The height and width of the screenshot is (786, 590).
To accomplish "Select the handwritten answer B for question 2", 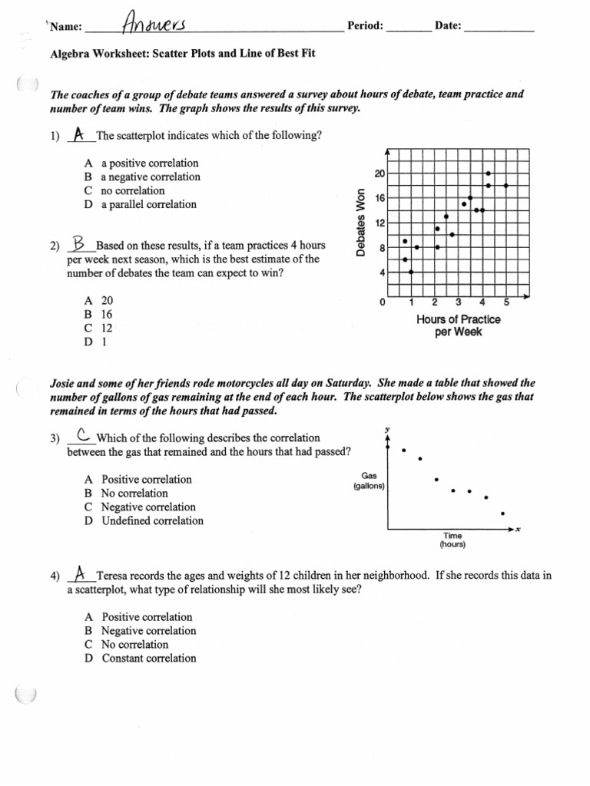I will (79, 244).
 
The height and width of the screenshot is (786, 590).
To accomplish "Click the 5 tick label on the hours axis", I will (506, 302).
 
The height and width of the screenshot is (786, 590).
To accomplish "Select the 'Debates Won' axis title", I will (360, 222).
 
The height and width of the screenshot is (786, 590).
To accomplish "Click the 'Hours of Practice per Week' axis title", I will (458, 325).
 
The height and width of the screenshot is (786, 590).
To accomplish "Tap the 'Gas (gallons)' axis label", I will (369, 481).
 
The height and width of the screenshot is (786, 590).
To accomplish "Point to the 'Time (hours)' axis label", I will (452, 540).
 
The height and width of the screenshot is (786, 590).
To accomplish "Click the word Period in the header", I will (365, 26).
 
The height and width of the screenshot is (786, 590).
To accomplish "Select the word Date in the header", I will (448, 26).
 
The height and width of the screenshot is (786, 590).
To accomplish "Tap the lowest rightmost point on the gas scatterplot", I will (502, 514).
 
